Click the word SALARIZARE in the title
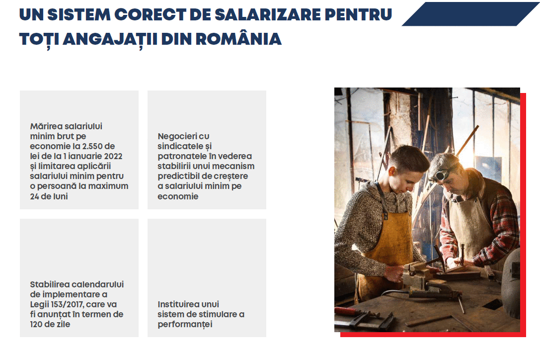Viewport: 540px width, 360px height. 268,14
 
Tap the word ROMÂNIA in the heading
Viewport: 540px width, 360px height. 238,39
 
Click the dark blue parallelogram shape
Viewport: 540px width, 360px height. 471,14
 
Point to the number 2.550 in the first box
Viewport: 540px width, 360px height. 92,146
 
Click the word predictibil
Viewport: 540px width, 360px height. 178,176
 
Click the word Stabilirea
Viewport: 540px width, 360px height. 51,284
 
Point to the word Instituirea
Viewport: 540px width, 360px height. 178,304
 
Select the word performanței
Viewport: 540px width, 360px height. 185,325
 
